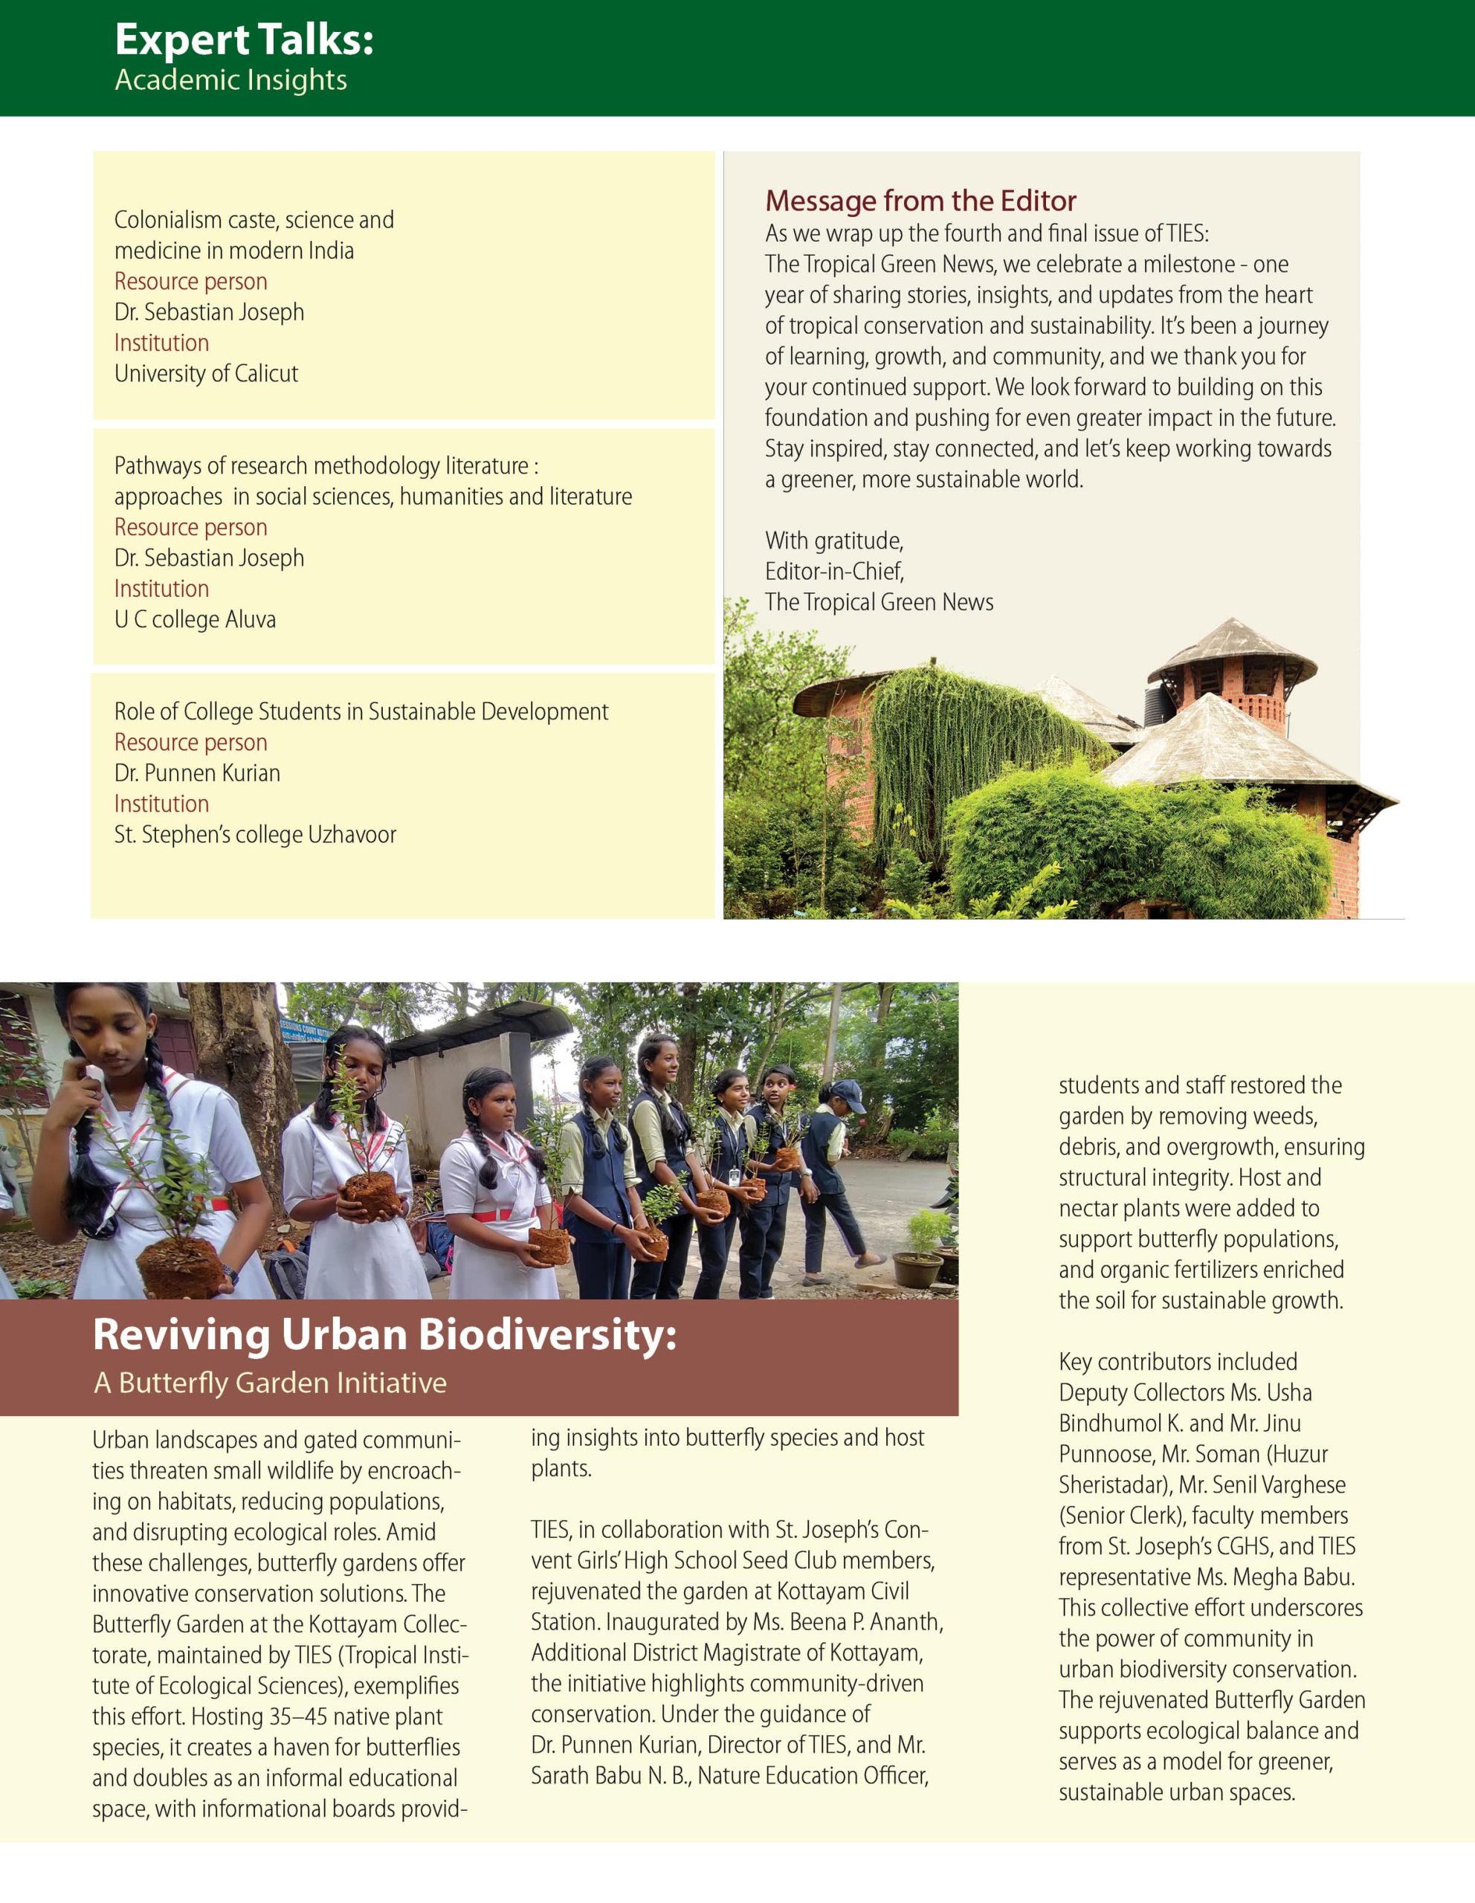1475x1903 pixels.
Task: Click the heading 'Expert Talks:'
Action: pyautogui.click(x=244, y=40)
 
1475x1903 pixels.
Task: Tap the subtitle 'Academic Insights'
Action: pyautogui.click(x=231, y=80)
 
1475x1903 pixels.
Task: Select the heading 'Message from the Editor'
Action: pyautogui.click(x=920, y=201)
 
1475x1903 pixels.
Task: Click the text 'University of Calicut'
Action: pyautogui.click(x=206, y=374)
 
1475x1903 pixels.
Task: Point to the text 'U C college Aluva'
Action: pyautogui.click(x=196, y=619)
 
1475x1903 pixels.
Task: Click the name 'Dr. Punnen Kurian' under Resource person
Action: pyautogui.click(x=197, y=773)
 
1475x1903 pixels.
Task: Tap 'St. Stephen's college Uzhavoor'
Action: pyautogui.click(x=254, y=835)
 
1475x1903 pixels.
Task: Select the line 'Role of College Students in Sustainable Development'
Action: pyautogui.click(x=361, y=712)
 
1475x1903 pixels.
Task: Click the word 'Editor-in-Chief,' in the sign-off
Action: pyautogui.click(x=833, y=572)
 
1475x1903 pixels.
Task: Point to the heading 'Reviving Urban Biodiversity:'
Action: pyautogui.click(x=384, y=1335)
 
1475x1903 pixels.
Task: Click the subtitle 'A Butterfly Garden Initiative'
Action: pyautogui.click(x=270, y=1383)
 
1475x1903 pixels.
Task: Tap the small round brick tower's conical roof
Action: pyautogui.click(x=1231, y=647)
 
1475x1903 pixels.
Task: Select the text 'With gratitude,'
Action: pyautogui.click(x=833, y=541)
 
